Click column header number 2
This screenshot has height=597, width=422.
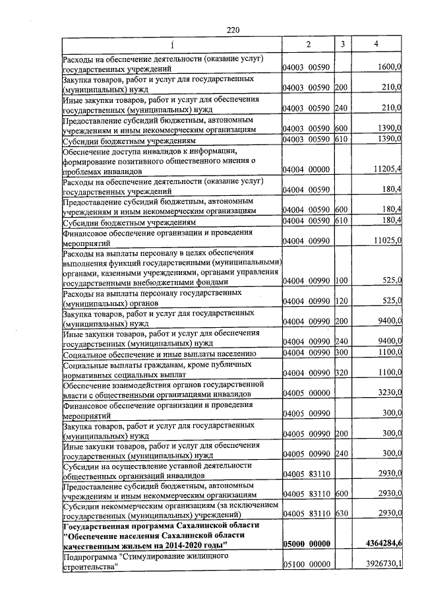[307, 44]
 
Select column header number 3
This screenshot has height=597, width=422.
[342, 44]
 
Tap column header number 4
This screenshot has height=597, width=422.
[376, 44]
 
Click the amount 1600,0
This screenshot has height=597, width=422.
[390, 68]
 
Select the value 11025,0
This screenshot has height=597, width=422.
[388, 241]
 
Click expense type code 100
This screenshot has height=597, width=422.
[342, 281]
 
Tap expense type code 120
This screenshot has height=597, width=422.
[342, 301]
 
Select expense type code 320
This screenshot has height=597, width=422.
[342, 373]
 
